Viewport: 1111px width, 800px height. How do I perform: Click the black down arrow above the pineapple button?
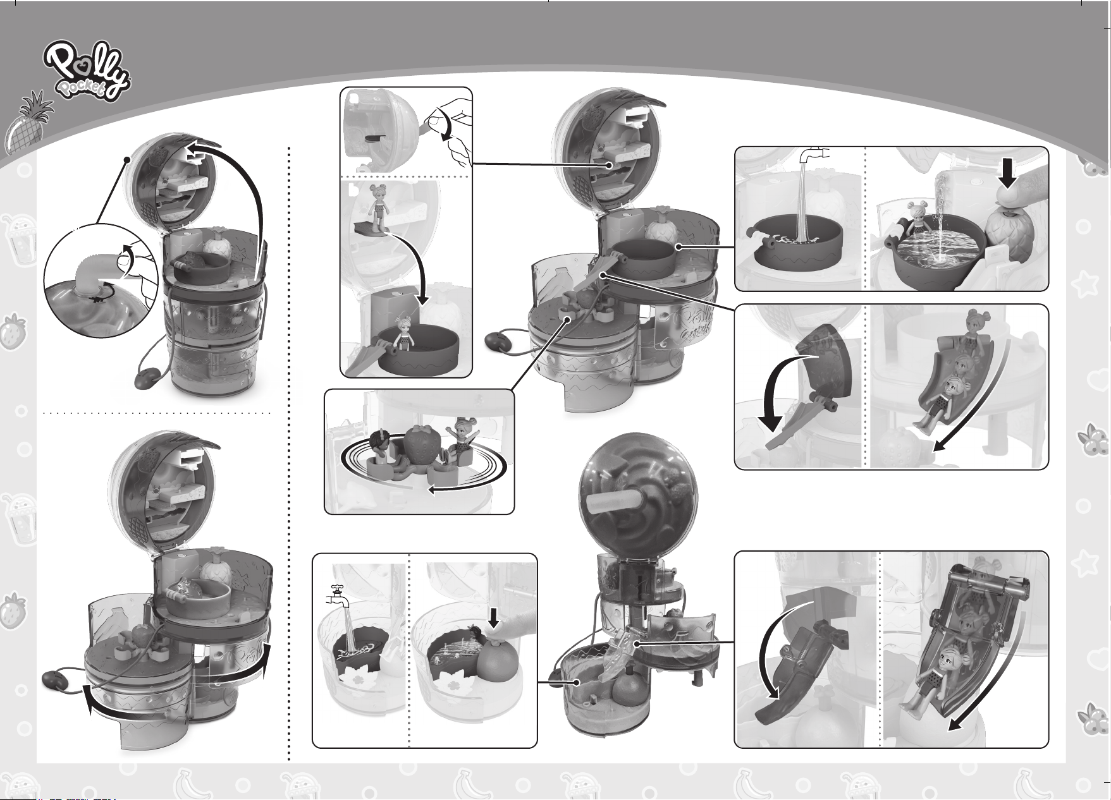(x=1009, y=173)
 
